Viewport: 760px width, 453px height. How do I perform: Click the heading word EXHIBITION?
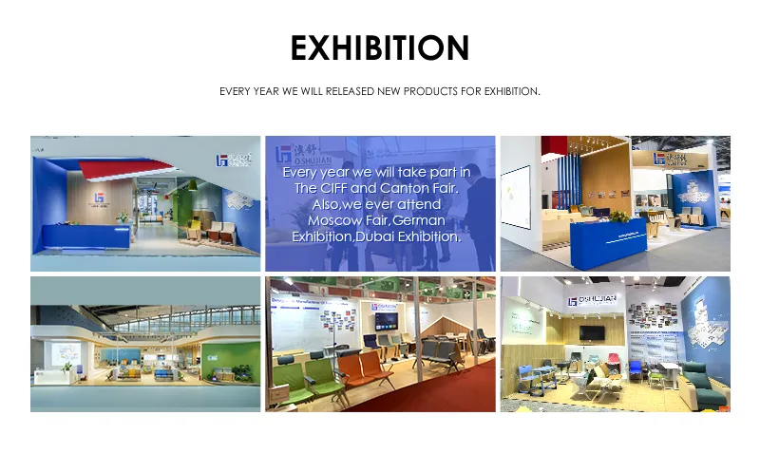[380, 47]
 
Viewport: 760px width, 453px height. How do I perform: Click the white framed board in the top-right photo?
[516, 198]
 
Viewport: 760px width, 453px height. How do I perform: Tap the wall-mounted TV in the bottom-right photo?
[594, 333]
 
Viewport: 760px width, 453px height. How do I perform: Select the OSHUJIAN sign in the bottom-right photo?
[596, 299]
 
